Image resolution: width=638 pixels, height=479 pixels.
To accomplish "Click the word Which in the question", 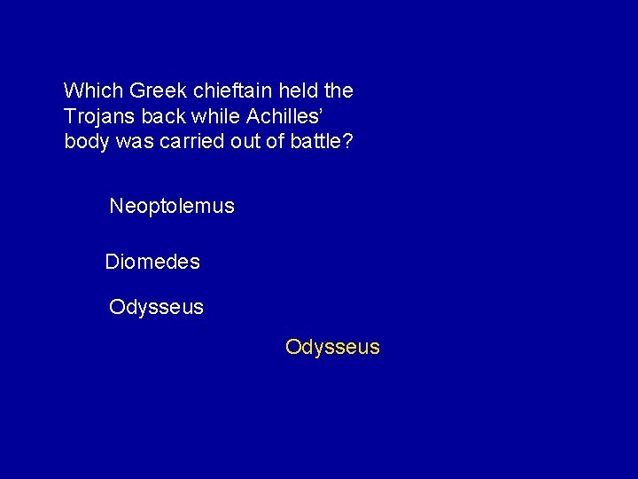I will (x=94, y=90).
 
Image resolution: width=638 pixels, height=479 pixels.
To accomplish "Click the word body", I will (x=85, y=142).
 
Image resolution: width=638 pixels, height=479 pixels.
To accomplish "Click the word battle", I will (x=315, y=142).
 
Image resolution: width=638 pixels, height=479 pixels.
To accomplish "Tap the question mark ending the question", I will (x=347, y=142).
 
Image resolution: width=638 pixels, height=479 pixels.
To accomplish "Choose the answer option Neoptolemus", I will (x=172, y=207).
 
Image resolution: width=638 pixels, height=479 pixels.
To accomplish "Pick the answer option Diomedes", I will (x=152, y=263).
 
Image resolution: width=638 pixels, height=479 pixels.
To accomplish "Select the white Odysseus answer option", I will (x=156, y=308).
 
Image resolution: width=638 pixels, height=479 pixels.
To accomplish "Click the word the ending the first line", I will (x=339, y=90).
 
